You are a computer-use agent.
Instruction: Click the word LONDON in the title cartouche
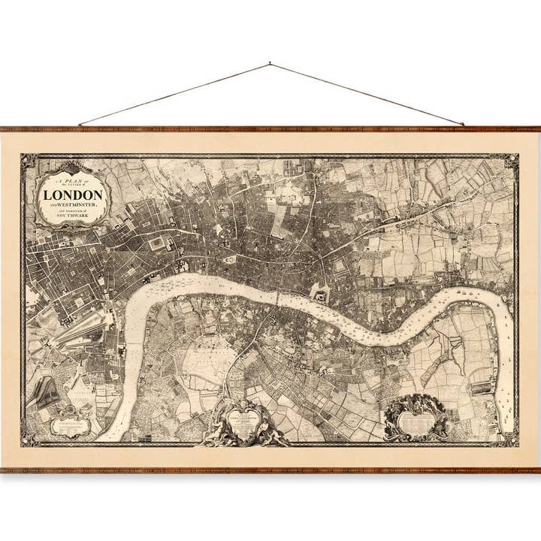point(73,195)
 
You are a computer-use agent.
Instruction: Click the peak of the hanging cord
point(270,65)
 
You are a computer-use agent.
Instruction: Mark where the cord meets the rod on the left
point(79,125)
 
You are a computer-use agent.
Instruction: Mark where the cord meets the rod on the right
point(463,125)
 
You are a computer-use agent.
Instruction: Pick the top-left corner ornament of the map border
point(29,162)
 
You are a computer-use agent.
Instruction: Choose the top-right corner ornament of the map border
point(512,162)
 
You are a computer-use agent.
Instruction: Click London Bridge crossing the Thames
point(278,298)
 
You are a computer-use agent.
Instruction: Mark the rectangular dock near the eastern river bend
point(481,388)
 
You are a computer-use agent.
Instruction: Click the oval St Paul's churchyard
point(230,259)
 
